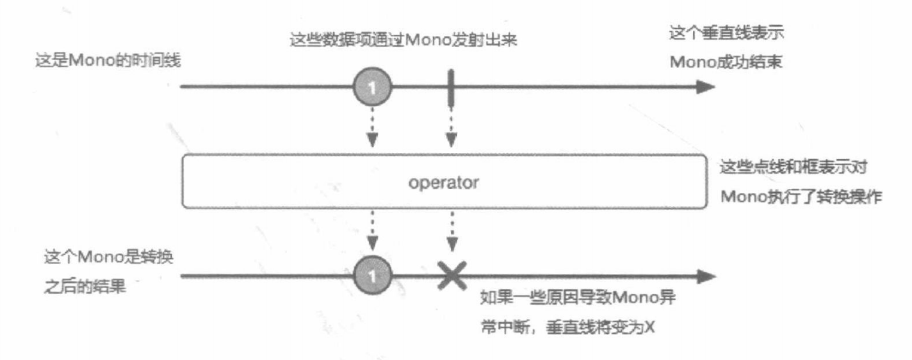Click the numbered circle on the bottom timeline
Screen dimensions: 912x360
(373, 277)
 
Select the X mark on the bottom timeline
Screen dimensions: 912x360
(452, 276)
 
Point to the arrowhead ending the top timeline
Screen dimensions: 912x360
(705, 86)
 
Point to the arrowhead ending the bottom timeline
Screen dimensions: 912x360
(705, 277)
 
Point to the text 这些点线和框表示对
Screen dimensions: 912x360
(795, 167)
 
